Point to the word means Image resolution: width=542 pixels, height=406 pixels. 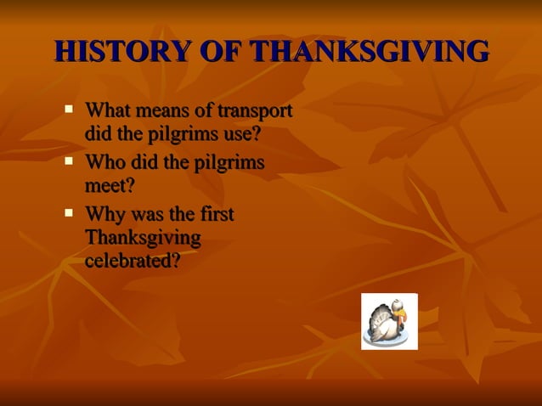[161, 111]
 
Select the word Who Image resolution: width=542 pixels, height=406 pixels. [104, 163]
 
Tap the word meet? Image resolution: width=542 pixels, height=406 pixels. [110, 185]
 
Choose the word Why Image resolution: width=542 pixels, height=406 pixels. [104, 214]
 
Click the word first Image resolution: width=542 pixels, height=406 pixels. [215, 214]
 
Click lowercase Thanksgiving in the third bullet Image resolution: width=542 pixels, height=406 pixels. [143, 238]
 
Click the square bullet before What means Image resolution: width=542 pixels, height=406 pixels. [70, 110]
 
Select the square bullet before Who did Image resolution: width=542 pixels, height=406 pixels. [70, 161]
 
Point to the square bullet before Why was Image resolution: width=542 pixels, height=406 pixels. [70, 212]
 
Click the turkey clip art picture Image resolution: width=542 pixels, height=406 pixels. [389, 321]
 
